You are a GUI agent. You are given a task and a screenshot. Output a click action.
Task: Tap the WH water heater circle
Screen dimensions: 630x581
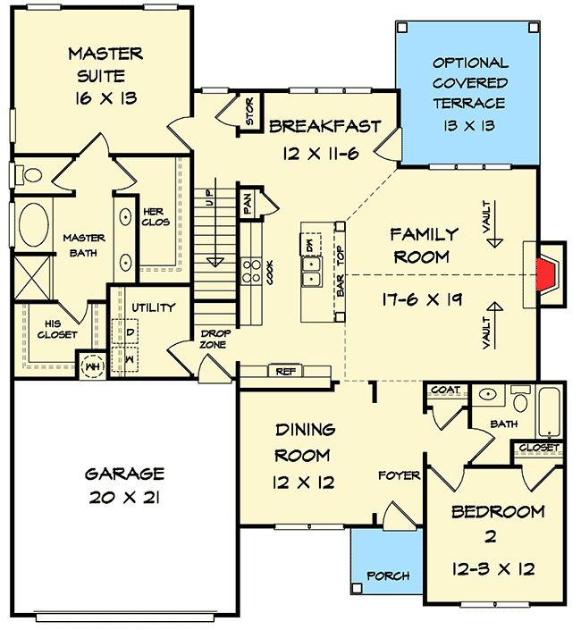coord(91,365)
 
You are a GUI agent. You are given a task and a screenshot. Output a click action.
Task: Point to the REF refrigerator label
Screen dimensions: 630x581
coord(285,370)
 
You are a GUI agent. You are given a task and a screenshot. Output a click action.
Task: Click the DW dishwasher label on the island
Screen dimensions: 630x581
coord(309,243)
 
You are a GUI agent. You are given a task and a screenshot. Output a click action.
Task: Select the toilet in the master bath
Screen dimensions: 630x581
coord(27,173)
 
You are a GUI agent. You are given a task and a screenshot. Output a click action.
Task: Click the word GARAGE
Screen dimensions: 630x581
coord(124,474)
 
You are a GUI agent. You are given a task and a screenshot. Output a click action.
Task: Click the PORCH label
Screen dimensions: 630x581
coord(388,576)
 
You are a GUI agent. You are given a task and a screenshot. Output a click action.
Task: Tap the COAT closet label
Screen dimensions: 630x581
coord(444,391)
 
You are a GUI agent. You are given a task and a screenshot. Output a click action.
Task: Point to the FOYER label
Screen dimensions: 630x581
coord(398,475)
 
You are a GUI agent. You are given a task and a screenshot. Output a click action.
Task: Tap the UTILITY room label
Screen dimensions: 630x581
coord(154,308)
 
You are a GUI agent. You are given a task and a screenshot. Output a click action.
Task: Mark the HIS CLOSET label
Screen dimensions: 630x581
coord(56,330)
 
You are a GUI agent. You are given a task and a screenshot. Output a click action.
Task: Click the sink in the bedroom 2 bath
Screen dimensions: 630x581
coord(488,394)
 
